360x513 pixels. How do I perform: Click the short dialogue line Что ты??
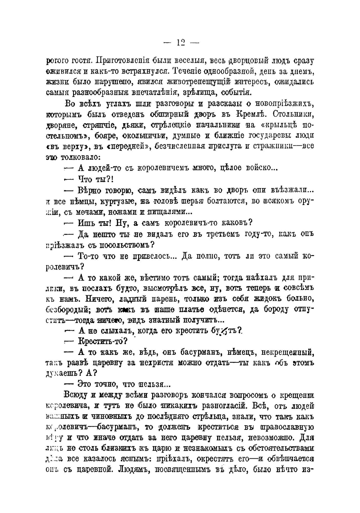point(96,179)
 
